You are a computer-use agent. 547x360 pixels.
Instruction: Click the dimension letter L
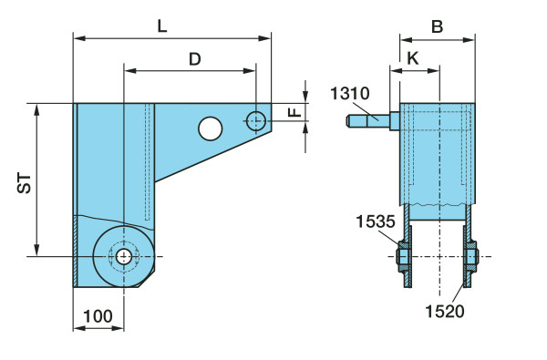tap(162, 26)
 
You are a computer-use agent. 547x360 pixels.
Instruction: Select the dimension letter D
tap(195, 59)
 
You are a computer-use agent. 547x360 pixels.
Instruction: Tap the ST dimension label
tap(25, 183)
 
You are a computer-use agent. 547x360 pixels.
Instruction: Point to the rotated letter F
tap(295, 112)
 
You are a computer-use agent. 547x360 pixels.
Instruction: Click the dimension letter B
tap(437, 26)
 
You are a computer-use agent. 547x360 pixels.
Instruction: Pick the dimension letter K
tap(413, 58)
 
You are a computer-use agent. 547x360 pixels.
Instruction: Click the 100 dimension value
tap(98, 316)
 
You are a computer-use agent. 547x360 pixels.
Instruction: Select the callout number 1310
tap(350, 94)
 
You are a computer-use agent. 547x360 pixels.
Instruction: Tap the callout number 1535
tap(376, 221)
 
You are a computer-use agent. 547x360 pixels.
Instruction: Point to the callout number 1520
tap(445, 311)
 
